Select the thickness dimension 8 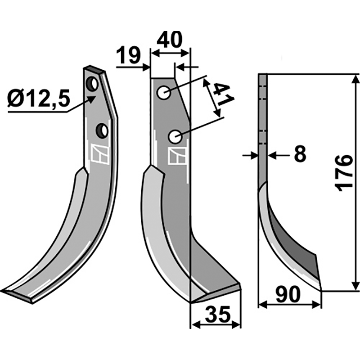(x=299, y=154)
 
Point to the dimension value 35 (x=217, y=314)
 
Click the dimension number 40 (x=170, y=40)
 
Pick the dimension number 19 (x=128, y=57)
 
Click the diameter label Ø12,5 (x=39, y=98)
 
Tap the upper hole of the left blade (x=92, y=84)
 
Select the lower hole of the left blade (x=103, y=130)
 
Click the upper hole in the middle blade (x=163, y=93)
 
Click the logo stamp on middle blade (x=175, y=156)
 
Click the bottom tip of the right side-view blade (x=320, y=289)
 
